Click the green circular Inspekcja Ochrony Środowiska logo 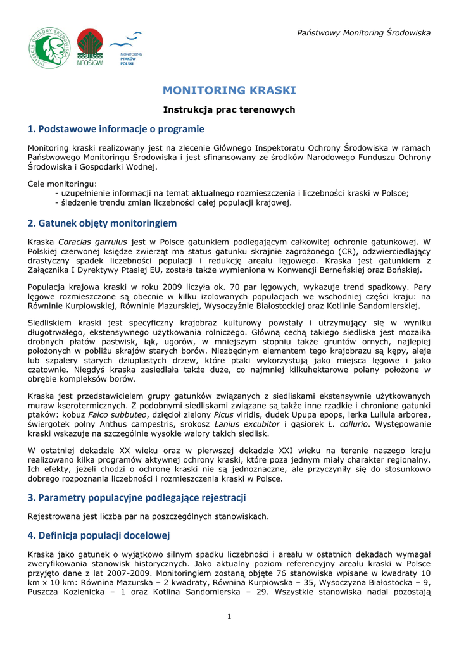click(x=50, y=47)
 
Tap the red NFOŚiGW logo click(x=89, y=47)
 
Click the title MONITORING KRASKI click(x=229, y=90)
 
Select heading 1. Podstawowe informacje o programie click(x=116, y=129)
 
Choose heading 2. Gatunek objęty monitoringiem click(x=102, y=223)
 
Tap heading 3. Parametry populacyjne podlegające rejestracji click(x=137, y=497)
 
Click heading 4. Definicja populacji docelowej click(x=99, y=535)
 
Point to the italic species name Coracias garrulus click(x=92, y=242)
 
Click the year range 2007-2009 click(x=140, y=573)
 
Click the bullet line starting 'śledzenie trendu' click(x=173, y=203)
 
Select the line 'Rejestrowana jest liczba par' click(x=148, y=516)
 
